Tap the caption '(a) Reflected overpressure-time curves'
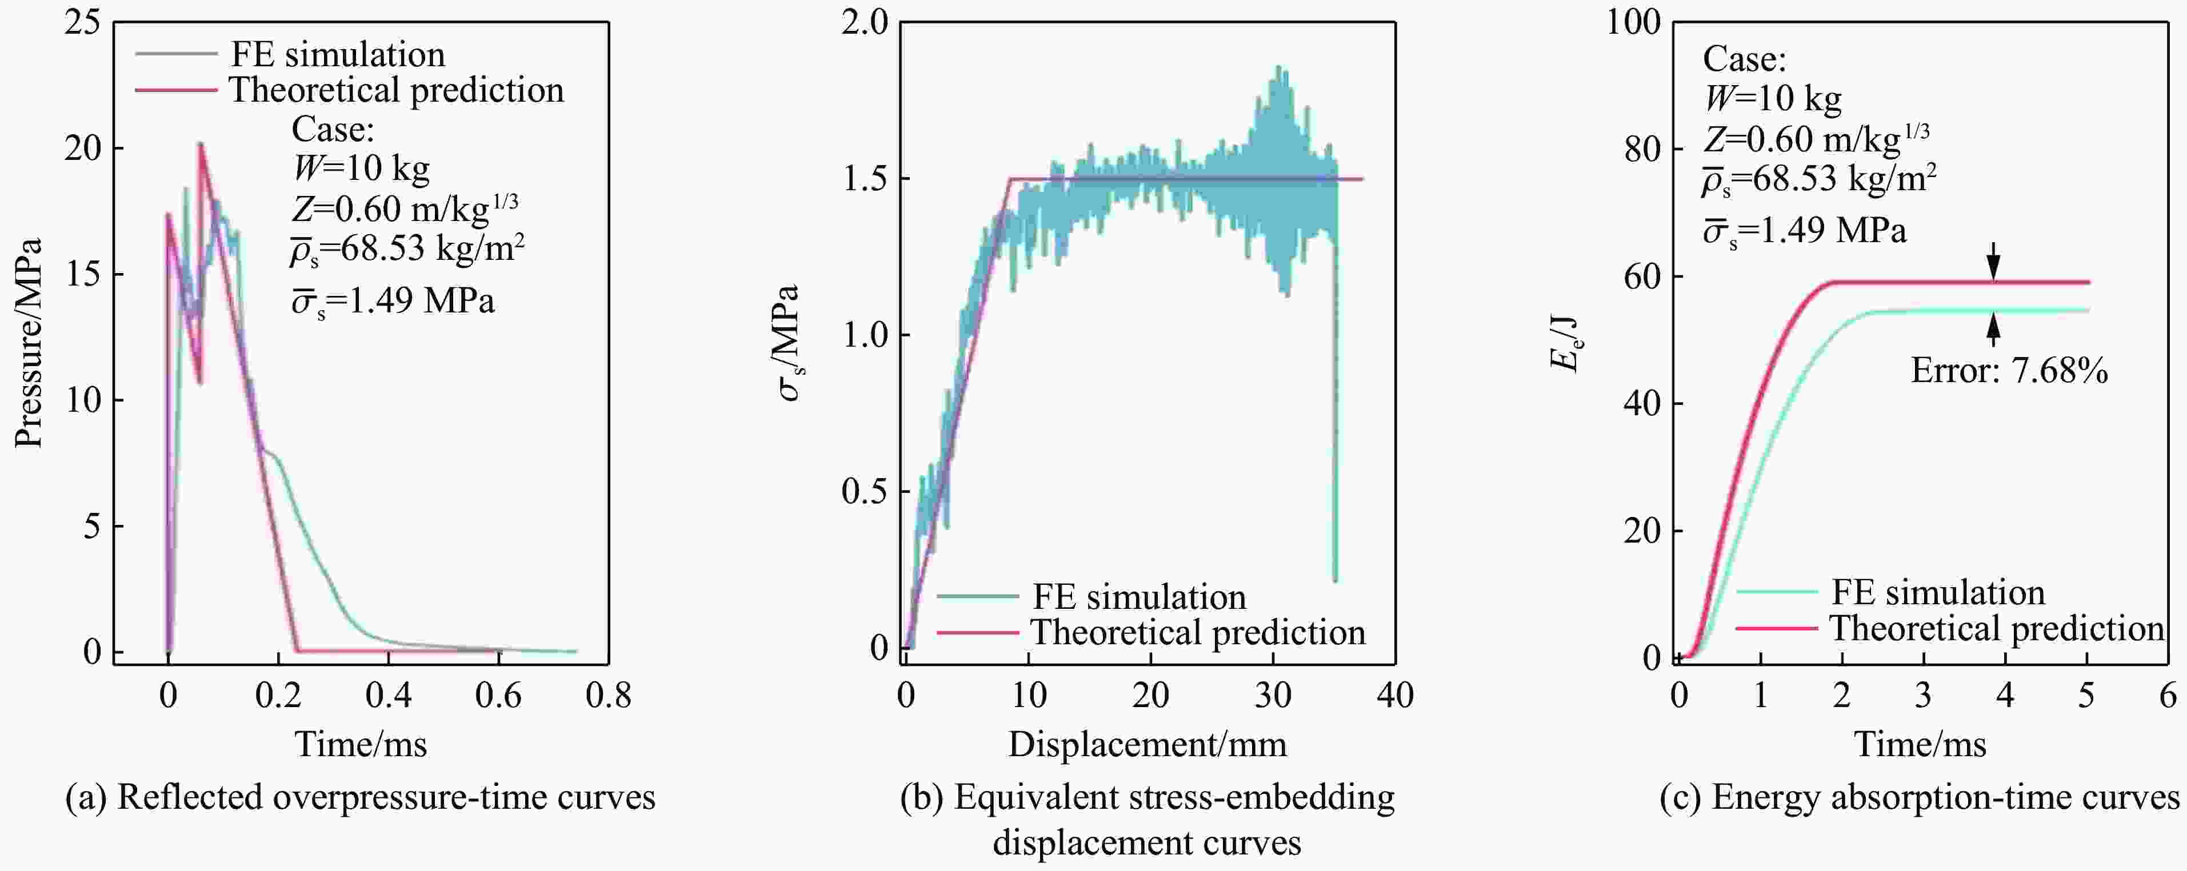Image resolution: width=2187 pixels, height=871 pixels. click(x=360, y=797)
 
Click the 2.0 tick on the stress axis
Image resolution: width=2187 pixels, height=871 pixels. click(x=864, y=23)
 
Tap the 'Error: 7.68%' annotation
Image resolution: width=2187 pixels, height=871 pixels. click(x=2009, y=371)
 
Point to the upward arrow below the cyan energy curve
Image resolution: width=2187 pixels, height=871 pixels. click(x=1993, y=330)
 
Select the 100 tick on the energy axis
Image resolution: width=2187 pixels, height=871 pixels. click(x=1633, y=23)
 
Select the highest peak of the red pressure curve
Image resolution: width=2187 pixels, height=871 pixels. click(x=201, y=145)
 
